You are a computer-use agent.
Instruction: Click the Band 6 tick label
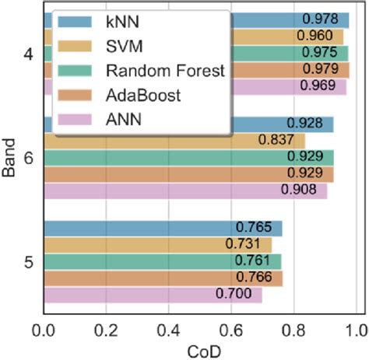(29, 158)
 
